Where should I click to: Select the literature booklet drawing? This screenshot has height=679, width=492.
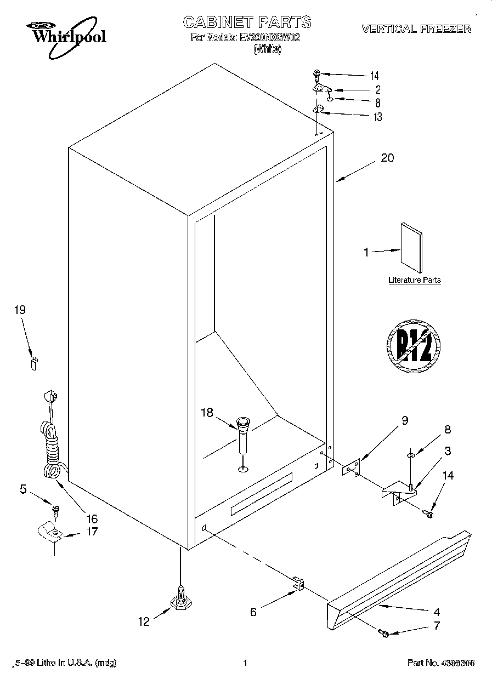[412, 248]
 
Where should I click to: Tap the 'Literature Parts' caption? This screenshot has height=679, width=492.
[414, 280]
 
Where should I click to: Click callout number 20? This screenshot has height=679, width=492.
[387, 158]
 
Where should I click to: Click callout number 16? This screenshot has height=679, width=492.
[92, 518]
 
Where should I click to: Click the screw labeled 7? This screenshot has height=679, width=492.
[384, 634]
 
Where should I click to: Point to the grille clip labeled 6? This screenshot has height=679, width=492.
[298, 584]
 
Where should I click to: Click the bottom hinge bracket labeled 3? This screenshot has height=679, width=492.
[399, 490]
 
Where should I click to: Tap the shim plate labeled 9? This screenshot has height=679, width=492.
[349, 466]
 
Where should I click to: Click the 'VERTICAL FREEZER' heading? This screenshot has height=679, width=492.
[416, 29]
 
